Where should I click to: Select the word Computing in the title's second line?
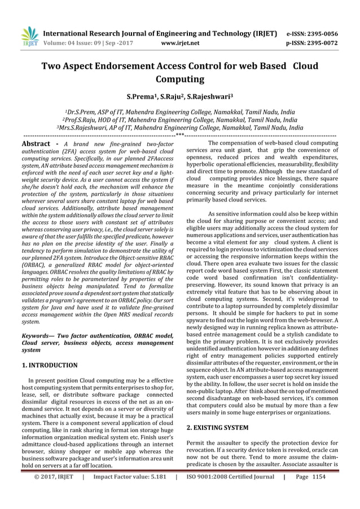[x=179, y=80]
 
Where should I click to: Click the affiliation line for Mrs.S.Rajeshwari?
[x=179, y=128]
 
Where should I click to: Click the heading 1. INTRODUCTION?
[x=50, y=365]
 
